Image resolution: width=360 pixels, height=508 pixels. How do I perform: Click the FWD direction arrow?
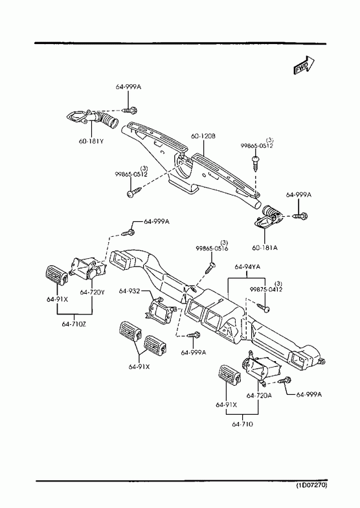[304, 65]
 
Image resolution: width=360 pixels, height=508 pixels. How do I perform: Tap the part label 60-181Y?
[91, 141]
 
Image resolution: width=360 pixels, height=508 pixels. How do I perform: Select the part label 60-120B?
[203, 137]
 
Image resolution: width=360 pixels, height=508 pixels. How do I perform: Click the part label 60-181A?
[265, 248]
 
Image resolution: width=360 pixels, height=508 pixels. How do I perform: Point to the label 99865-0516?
[212, 248]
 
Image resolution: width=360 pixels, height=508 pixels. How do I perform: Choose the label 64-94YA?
[247, 267]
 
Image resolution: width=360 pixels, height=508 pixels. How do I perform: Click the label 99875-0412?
[266, 289]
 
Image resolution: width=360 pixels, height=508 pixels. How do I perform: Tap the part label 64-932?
[129, 291]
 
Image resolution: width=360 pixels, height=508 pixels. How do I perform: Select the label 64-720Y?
[93, 293]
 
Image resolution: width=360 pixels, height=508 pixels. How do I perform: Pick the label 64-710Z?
[74, 324]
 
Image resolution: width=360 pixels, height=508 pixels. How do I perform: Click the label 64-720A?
[259, 395]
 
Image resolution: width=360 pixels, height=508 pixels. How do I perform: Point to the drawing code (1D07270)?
[311, 485]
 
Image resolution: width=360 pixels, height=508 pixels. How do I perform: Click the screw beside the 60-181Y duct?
[129, 111]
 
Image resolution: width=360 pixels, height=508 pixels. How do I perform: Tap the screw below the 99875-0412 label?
[264, 307]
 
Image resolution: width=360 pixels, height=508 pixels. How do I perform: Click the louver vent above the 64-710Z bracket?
[57, 276]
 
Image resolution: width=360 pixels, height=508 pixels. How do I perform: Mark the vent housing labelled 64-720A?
[261, 368]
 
